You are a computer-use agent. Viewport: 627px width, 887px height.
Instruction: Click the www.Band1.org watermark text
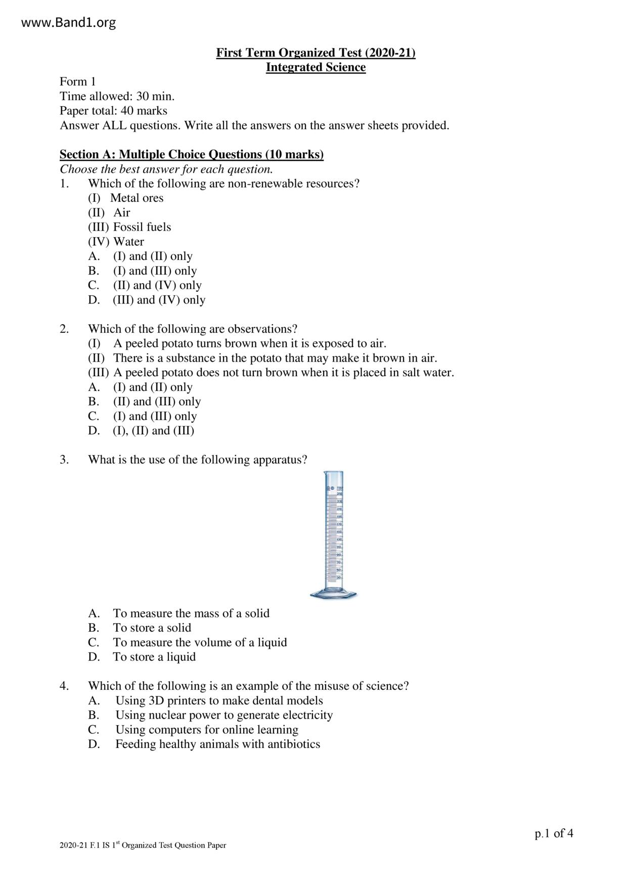(69, 22)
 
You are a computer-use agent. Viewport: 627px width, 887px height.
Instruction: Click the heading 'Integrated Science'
(316, 67)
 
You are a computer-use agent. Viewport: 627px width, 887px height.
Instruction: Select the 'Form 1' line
(78, 82)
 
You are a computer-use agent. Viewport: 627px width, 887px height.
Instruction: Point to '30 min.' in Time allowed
(155, 96)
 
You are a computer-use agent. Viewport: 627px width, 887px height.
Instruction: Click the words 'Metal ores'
(137, 198)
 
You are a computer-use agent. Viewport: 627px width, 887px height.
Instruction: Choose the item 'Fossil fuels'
(142, 227)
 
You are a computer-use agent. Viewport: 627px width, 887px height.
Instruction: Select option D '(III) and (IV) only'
(159, 300)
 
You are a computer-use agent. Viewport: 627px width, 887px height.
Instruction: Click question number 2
(64, 329)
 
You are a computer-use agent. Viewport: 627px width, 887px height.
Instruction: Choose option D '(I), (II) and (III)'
(153, 431)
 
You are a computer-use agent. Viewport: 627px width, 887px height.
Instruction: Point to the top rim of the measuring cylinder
(333, 473)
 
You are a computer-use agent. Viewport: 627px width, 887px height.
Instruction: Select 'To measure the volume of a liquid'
(200, 642)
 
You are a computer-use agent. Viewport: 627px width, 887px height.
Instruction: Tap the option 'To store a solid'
(152, 628)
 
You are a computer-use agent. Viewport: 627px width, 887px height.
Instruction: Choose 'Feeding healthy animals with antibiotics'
(217, 744)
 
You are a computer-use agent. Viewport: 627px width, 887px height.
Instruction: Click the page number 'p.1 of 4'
(554, 833)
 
